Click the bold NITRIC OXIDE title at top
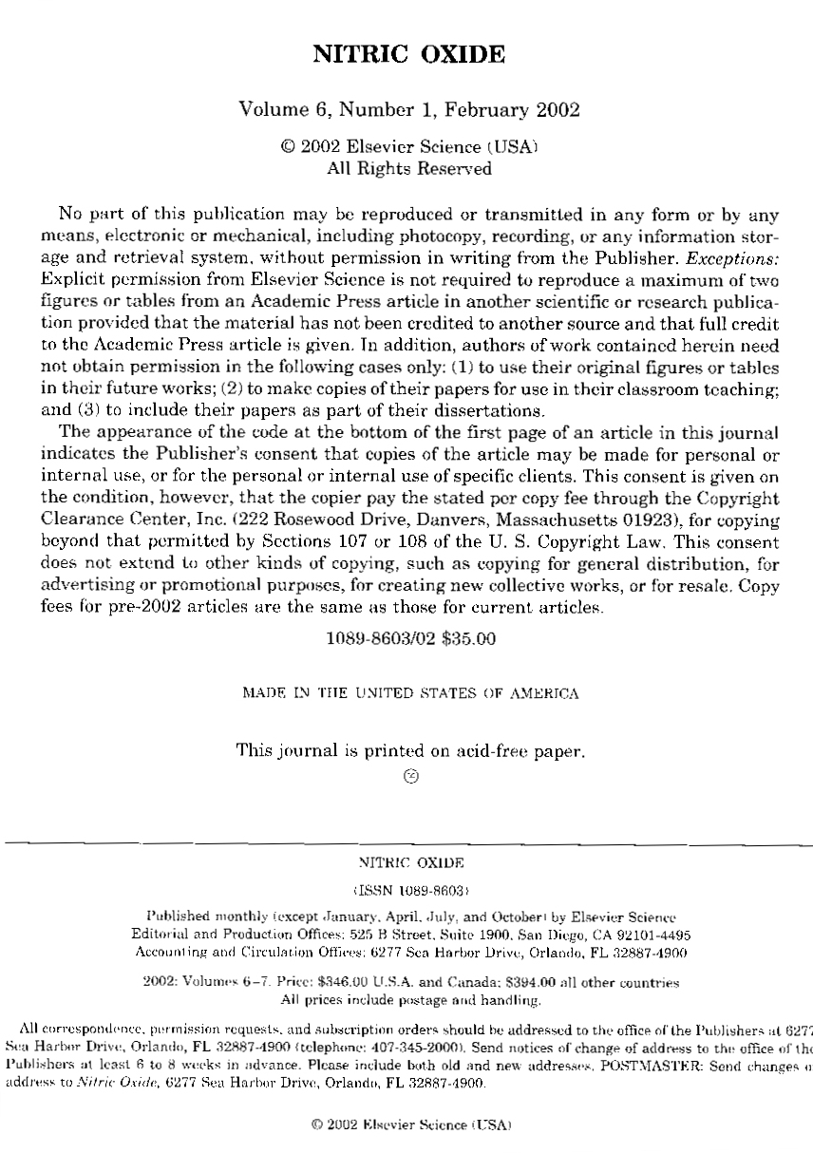pyautogui.click(x=408, y=55)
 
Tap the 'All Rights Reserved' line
pyautogui.click(x=409, y=169)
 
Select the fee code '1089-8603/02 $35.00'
pyautogui.click(x=410, y=639)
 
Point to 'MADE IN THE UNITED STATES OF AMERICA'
pyautogui.click(x=410, y=694)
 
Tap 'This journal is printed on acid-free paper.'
pyautogui.click(x=410, y=751)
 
